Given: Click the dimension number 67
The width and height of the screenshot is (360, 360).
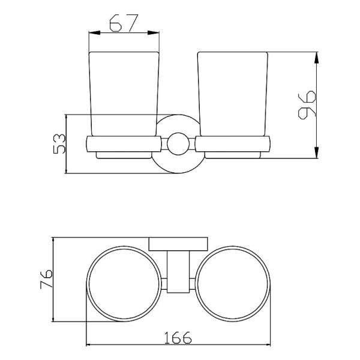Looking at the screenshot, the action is tap(124, 23).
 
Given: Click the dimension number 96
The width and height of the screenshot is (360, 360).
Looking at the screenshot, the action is tap(307, 105).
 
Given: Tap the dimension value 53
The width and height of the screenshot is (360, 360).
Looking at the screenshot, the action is tap(59, 143).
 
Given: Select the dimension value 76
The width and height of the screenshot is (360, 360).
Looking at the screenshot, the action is tap(46, 279).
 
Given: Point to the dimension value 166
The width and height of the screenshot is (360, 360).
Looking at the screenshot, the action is tap(178, 337).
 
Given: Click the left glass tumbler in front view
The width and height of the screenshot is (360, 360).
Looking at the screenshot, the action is tap(124, 94).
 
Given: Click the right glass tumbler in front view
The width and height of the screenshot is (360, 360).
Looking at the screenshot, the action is tap(233, 94).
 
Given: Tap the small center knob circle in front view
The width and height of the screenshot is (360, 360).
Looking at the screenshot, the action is tap(178, 144).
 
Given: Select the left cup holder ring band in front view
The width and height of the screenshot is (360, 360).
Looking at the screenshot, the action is tap(124, 144).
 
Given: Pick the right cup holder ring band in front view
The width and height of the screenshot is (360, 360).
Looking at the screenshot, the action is tap(233, 144).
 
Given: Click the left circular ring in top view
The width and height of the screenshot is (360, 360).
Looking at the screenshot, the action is tap(124, 284).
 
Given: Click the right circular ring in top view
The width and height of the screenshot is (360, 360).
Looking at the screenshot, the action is tap(233, 284).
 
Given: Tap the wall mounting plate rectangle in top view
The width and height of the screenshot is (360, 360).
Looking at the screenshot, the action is tap(178, 244).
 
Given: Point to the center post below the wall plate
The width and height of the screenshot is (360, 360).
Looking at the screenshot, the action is tap(178, 272).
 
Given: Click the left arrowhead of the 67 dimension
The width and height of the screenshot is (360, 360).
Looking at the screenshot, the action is tap(95, 33).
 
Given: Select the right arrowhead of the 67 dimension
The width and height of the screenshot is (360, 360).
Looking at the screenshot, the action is tap(154, 33).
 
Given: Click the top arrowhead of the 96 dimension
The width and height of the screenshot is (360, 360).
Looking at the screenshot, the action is tap(316, 58).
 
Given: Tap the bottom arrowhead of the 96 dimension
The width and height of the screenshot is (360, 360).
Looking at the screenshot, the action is tap(316, 152).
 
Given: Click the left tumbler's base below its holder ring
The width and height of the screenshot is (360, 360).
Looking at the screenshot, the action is tap(124, 155).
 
